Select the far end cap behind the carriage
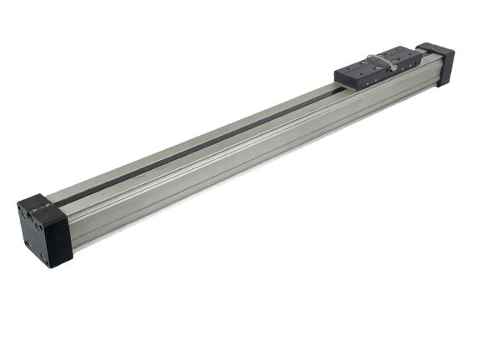[x=438, y=62]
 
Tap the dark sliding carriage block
[x=380, y=68]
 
